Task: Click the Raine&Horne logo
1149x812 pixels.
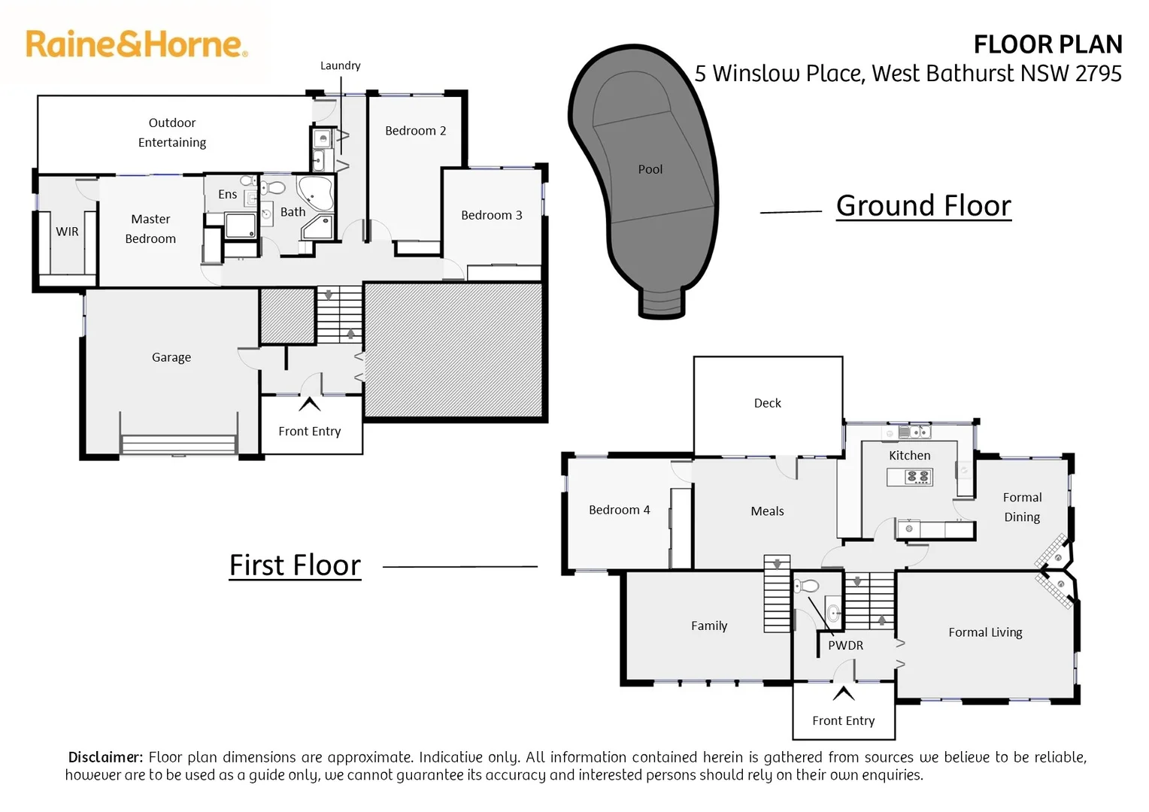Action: coord(136,44)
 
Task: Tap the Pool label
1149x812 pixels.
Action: coord(650,170)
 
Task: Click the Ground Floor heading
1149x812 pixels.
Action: coord(923,206)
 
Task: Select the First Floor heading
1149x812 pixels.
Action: coord(295,565)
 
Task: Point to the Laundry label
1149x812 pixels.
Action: coord(340,66)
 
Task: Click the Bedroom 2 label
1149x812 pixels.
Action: coord(415,131)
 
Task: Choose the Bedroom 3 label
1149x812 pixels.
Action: coord(491,216)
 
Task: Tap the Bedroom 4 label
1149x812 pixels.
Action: coord(619,511)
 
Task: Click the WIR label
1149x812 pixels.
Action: coord(67,232)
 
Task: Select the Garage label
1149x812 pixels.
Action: coord(171,358)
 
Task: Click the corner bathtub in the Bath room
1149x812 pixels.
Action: coord(315,192)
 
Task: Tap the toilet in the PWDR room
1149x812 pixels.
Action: coord(808,586)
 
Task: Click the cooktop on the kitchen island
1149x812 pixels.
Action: coord(917,477)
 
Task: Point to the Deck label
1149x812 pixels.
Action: coord(767,404)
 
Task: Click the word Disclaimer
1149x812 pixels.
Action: coord(105,757)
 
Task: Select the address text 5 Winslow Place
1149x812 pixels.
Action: coord(778,74)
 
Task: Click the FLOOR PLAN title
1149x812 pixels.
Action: coord(1047,45)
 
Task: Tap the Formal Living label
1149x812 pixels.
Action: coord(985,633)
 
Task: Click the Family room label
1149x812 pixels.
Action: coord(709,626)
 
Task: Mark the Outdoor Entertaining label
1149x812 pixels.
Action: coord(172,133)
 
